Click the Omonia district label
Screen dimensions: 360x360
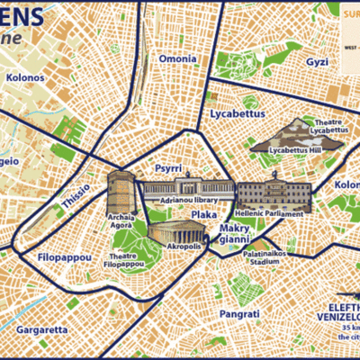tap(177, 59)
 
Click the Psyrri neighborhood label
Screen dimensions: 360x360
tap(168, 167)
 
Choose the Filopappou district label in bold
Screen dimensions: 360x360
tap(65, 257)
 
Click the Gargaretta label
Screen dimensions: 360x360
tap(40, 329)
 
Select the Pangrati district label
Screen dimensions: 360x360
tap(239, 313)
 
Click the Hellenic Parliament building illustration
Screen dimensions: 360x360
tap(274, 195)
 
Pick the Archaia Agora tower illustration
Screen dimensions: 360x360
tap(120, 190)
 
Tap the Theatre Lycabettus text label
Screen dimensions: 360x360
tap(328, 126)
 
